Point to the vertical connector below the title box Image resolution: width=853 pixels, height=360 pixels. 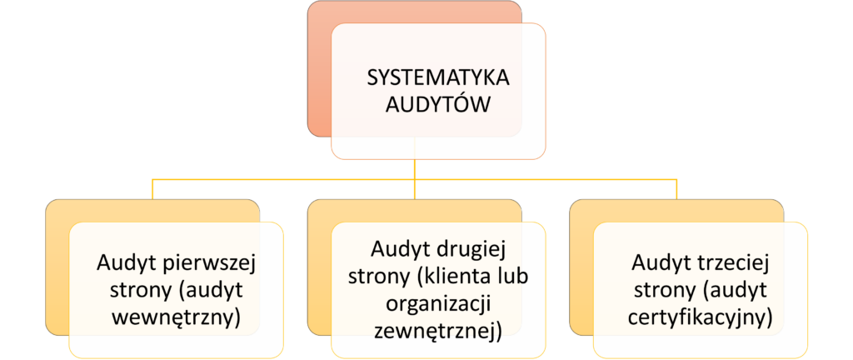[x=415, y=168]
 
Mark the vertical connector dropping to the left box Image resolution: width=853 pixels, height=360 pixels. [x=153, y=189]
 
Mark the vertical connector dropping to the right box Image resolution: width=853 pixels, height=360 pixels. [x=676, y=189]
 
